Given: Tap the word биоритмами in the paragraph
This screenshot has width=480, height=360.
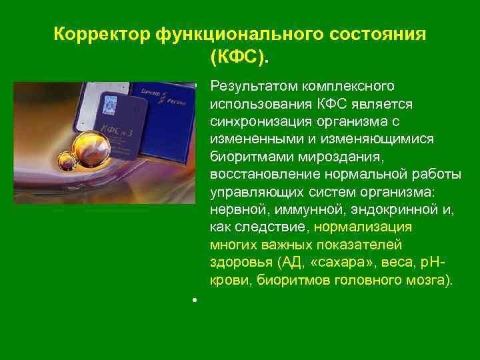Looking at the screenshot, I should click(243, 156).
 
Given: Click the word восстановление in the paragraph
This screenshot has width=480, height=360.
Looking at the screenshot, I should click(257, 173).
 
